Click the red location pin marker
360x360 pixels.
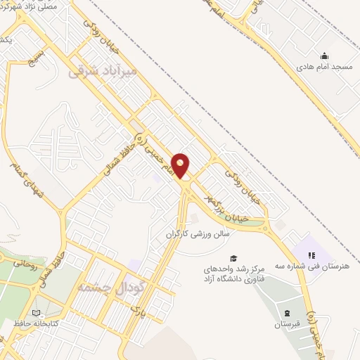(181, 165)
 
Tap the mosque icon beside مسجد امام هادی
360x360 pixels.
(323, 56)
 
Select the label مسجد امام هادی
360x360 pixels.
(323, 66)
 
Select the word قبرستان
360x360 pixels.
(287, 325)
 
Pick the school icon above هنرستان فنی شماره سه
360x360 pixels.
(312, 255)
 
